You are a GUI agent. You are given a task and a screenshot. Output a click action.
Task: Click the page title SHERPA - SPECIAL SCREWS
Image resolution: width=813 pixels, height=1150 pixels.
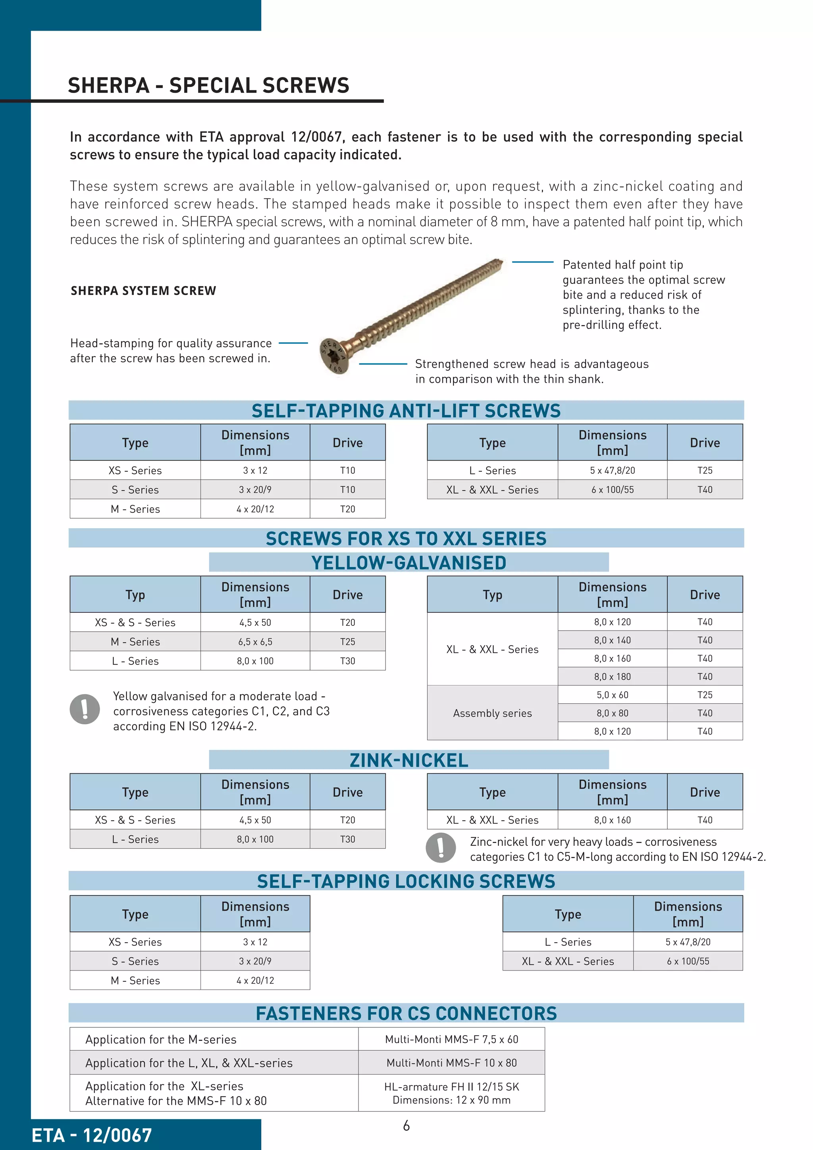point(208,86)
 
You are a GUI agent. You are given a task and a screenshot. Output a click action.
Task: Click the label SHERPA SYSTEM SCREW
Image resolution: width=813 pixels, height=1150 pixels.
point(143,291)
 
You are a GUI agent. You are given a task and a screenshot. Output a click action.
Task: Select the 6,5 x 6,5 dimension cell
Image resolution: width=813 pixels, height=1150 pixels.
point(255,642)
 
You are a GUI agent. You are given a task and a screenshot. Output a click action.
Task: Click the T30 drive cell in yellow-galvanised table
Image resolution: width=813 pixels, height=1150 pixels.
point(347,661)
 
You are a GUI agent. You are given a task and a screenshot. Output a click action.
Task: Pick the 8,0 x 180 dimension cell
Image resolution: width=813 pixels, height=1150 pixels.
point(612,677)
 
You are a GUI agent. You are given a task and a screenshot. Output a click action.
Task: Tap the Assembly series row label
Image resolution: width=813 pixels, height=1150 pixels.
point(492,713)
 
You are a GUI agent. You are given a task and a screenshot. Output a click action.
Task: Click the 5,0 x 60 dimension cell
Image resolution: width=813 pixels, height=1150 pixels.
point(612,695)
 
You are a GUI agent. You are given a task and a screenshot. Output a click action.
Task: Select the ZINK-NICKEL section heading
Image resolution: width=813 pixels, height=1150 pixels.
point(408,760)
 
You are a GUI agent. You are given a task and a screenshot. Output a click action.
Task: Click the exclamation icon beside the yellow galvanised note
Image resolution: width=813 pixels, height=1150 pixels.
point(85,709)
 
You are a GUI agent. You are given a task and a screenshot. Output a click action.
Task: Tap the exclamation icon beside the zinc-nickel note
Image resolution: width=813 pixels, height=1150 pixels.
point(441,847)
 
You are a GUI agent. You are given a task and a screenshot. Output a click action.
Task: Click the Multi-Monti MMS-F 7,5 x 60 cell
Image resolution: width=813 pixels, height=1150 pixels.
point(451,1039)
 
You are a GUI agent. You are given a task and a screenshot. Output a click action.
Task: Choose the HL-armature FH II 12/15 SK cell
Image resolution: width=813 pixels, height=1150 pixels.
point(451,1093)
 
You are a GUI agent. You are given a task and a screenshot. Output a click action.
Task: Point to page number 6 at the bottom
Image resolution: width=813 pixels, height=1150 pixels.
point(406,1126)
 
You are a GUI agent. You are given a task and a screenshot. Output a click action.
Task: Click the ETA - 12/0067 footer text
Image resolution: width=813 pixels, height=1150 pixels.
point(92,1135)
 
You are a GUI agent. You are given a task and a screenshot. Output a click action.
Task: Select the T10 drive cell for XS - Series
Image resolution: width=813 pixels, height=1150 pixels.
point(347,470)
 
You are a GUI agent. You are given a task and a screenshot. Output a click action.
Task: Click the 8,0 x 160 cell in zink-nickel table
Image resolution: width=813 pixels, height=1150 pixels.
point(612,820)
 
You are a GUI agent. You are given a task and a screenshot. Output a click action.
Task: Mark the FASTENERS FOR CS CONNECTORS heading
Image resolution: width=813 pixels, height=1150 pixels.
point(406,1013)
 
